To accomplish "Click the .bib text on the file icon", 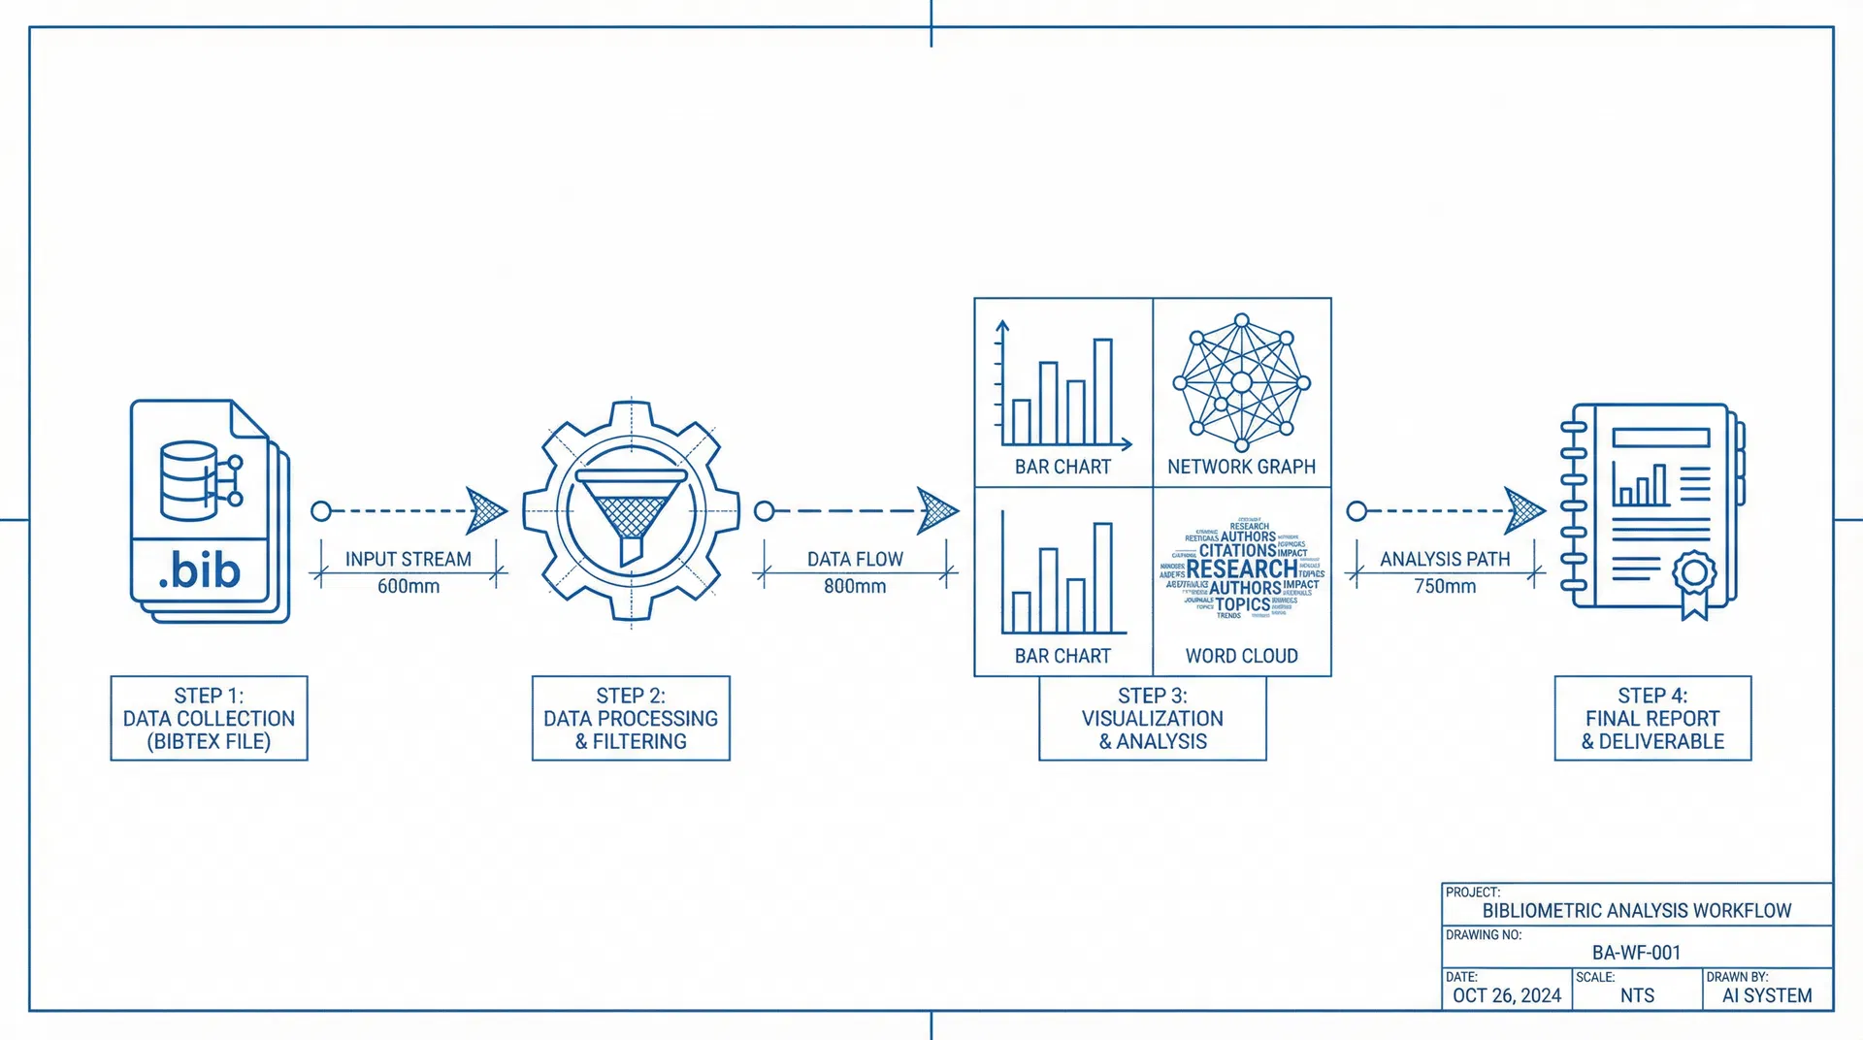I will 200,570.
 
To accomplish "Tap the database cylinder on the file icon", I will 188,481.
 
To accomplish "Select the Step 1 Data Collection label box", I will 209,718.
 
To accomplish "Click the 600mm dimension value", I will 409,586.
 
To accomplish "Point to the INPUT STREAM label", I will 409,559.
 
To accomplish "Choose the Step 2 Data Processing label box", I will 631,718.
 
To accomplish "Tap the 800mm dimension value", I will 855,586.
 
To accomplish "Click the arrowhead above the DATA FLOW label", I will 936,510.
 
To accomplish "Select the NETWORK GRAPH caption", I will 1241,467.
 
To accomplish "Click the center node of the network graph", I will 1241,383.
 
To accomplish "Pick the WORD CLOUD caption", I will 1241,656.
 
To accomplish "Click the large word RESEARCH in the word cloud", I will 1241,569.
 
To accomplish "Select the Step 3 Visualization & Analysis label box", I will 1152,718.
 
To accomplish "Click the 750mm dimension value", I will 1445,586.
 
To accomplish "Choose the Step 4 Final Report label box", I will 1652,718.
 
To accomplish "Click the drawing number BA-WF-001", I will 1636,953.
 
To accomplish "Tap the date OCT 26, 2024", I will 1506,995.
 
